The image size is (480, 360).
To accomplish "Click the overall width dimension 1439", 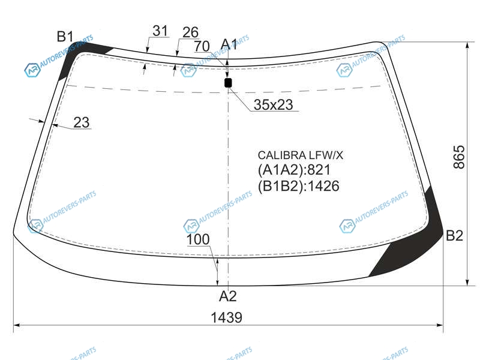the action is [x=227, y=317].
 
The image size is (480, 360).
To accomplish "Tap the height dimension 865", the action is [x=459, y=157].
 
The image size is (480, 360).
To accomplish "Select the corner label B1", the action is [x=65, y=37].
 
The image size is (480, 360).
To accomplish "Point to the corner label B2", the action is [x=454, y=236].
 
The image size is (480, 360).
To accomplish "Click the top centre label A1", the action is [x=229, y=44].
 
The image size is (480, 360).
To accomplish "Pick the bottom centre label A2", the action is [x=228, y=296].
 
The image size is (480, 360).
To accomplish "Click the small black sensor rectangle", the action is [x=228, y=83].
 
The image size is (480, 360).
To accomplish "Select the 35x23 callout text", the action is [x=274, y=104].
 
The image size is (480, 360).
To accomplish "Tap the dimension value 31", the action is [x=160, y=31].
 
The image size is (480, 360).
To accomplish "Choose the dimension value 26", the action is [x=190, y=32].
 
